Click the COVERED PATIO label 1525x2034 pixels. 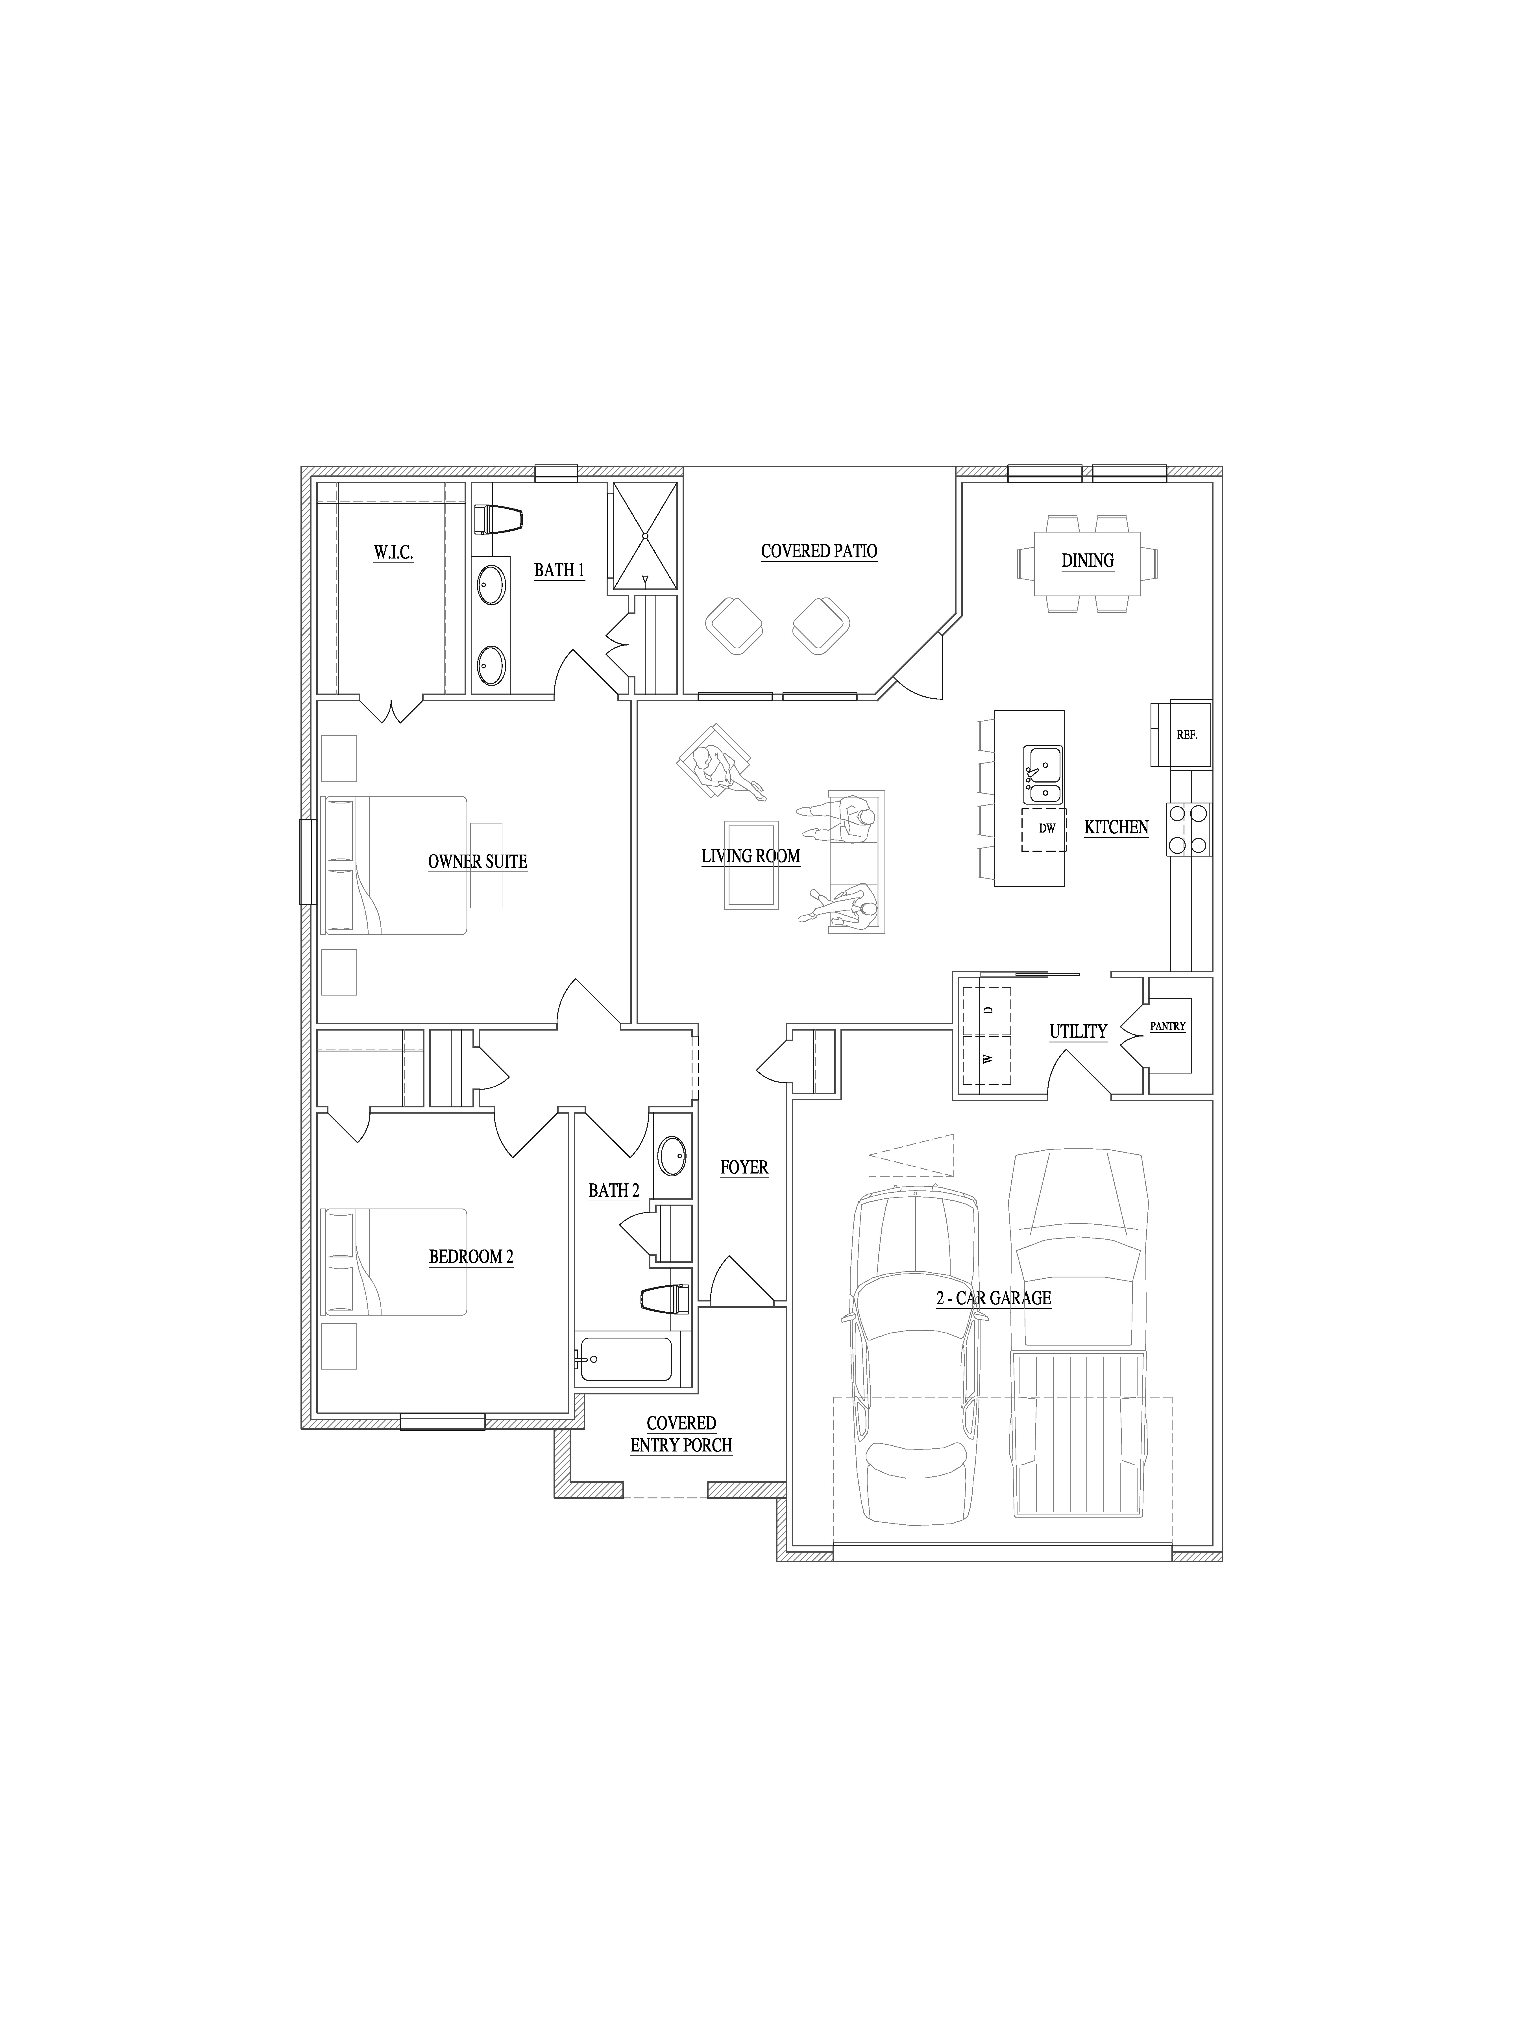(x=818, y=552)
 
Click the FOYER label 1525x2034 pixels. (x=744, y=1168)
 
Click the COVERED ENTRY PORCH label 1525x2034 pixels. (x=681, y=1435)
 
